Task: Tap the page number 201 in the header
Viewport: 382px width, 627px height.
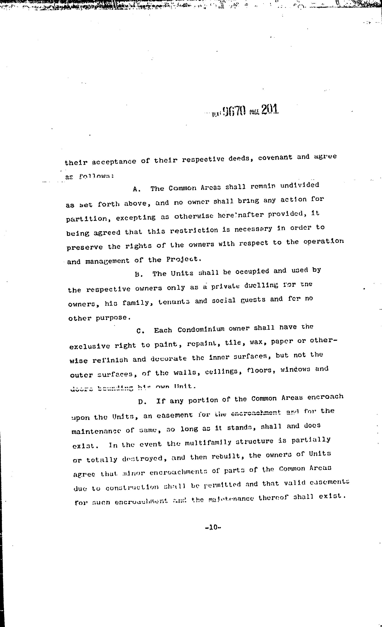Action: (270, 110)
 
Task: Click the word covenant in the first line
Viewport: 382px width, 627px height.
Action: (275, 158)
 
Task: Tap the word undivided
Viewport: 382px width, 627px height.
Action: (300, 185)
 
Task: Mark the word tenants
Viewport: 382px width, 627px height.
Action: (174, 302)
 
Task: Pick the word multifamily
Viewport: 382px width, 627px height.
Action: (208, 443)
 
